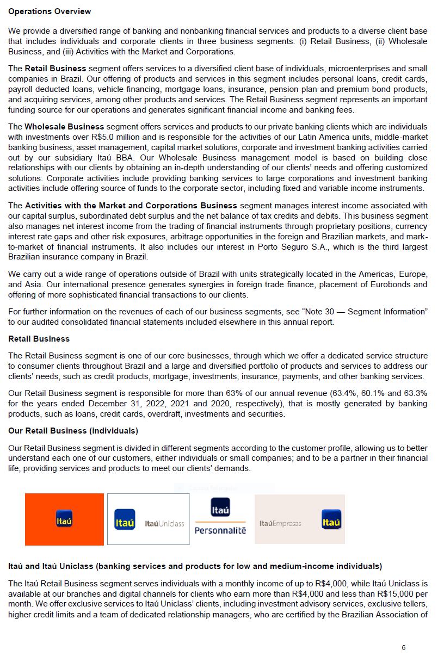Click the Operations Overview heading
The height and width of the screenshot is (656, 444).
coord(50,11)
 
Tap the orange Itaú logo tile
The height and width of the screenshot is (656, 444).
coord(64,519)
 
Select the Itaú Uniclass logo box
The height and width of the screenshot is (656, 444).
coord(149,519)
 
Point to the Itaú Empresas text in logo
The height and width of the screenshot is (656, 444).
coord(280,523)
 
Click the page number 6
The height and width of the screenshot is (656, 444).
coord(403,648)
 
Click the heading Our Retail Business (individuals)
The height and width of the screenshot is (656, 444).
coord(73,431)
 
